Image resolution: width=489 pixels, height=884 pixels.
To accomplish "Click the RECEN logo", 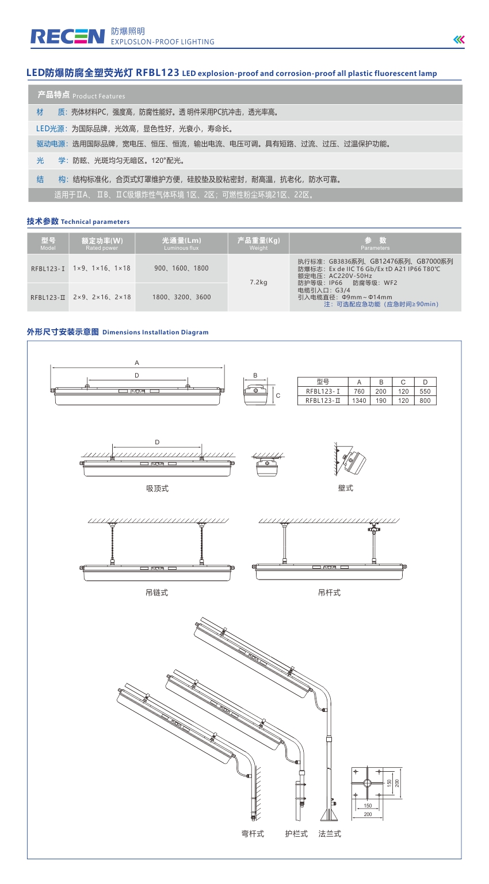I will [67, 36].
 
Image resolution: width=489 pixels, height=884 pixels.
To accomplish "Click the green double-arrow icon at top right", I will [459, 40].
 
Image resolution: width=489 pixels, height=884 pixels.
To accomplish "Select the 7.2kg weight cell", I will [258, 283].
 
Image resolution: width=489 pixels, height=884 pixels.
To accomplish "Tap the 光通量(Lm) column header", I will [181, 243].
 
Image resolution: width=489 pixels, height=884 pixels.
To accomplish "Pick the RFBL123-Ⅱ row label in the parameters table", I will [48, 298].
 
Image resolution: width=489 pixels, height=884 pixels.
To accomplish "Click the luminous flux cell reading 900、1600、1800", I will [181, 268].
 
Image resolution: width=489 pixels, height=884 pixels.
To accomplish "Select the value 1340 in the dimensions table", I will [359, 401].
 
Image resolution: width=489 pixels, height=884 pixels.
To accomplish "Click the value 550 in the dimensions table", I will [425, 391].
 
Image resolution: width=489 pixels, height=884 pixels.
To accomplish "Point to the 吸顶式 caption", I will [157, 489].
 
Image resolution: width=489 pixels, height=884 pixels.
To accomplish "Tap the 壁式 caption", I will [346, 488].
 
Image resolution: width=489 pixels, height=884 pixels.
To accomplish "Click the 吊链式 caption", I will [156, 592].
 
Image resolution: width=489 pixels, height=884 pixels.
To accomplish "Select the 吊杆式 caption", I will [329, 592].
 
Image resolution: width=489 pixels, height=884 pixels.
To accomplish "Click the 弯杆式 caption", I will [252, 834].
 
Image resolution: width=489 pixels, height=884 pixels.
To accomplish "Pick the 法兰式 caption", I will [330, 834].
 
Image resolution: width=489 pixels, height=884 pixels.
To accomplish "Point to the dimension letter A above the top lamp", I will [137, 363].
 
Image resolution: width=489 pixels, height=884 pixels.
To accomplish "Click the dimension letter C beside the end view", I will [278, 395].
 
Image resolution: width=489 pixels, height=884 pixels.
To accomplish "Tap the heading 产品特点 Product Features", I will [81, 95].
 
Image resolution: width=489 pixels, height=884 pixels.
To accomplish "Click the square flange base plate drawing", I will [368, 784].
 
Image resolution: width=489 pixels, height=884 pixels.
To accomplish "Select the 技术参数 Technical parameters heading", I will [78, 222].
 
